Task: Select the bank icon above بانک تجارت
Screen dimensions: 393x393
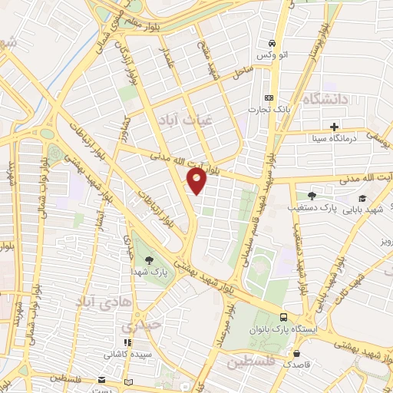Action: point(269,97)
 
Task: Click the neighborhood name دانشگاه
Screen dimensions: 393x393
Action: point(325,100)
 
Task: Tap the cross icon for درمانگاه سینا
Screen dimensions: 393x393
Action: point(334,127)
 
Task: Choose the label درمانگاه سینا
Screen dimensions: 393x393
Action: point(332,140)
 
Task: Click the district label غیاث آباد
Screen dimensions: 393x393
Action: point(177,121)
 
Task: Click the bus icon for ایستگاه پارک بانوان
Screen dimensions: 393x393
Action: point(284,317)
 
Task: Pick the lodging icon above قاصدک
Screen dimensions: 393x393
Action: point(297,353)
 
